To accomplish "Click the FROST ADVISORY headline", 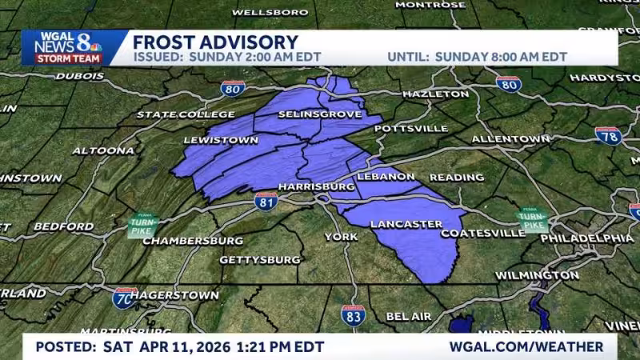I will [x=214, y=42].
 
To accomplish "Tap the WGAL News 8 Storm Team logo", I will [x=69, y=47].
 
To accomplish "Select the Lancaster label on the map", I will [x=406, y=223].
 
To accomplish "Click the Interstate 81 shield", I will [x=266, y=200].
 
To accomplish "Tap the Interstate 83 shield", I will [x=353, y=315].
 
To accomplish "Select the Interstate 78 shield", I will [x=608, y=134].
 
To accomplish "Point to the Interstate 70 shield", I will [x=124, y=298].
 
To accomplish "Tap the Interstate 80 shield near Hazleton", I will [x=508, y=83].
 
